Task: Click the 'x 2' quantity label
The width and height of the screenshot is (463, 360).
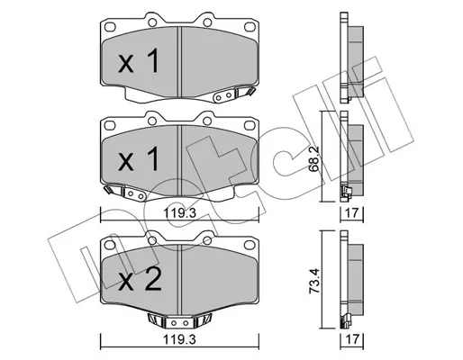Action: tap(140, 279)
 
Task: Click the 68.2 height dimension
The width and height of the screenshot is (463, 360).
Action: tap(313, 163)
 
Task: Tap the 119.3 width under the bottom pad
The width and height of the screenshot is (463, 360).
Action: tap(179, 340)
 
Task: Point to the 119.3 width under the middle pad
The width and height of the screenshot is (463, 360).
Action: tap(179, 213)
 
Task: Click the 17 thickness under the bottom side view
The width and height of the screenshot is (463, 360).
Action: tap(351, 339)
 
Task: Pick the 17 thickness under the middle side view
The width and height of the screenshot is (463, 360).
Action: tap(351, 213)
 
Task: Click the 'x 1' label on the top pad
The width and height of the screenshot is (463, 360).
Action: tap(139, 61)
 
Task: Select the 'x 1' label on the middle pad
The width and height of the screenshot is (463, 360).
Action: tap(139, 159)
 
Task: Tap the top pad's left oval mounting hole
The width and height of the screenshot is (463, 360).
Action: tap(110, 27)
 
